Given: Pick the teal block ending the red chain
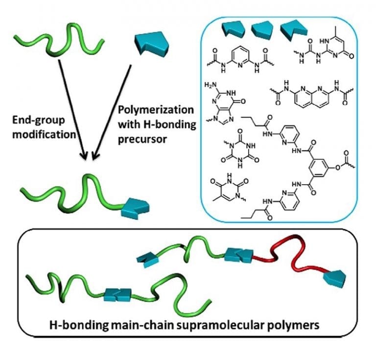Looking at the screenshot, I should tap(334, 278).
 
